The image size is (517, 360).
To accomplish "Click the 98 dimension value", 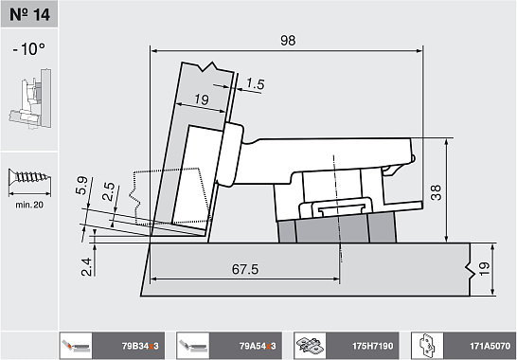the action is [x=288, y=40].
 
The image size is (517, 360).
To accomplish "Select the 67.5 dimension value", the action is [x=245, y=269].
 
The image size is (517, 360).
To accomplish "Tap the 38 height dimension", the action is [x=436, y=192].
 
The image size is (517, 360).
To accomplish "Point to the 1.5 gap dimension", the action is [x=256, y=83].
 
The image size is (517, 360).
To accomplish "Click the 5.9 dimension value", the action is [x=81, y=186].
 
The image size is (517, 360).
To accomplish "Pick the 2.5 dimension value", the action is [x=109, y=191].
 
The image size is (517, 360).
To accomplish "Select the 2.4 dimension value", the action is [x=86, y=266].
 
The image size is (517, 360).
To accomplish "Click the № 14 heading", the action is [x=29, y=14].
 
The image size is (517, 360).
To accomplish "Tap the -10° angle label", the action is [x=29, y=49].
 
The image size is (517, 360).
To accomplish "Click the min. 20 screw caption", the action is [x=29, y=205].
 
